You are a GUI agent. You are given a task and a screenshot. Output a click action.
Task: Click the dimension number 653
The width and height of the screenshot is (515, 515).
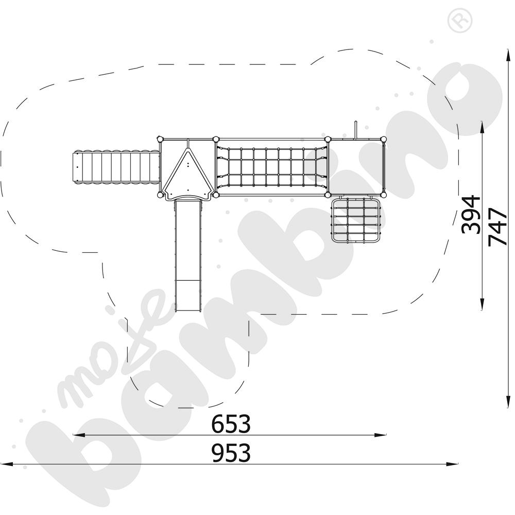point(231,424)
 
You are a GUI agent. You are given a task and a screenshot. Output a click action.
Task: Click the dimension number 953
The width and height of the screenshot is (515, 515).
point(231,453)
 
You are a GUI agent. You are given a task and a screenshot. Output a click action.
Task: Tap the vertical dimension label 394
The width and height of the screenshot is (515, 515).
point(471,215)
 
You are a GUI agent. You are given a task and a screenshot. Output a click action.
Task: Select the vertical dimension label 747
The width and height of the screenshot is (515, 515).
point(497,227)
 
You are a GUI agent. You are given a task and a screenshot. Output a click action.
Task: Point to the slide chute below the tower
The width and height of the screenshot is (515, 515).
point(187,255)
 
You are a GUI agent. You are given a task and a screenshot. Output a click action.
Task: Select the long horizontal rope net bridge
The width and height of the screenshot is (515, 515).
point(271,167)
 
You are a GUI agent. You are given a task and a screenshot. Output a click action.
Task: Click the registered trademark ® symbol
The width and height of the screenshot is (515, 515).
point(459,21)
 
